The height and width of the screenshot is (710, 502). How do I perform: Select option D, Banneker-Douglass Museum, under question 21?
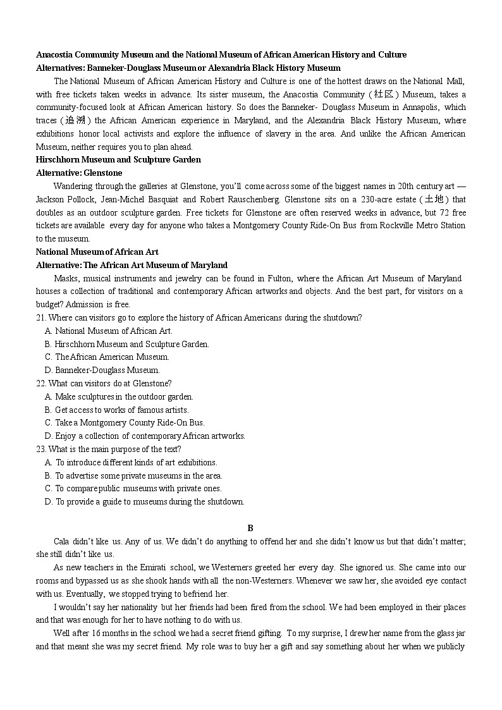(102, 370)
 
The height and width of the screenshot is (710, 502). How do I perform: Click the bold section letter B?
(250, 528)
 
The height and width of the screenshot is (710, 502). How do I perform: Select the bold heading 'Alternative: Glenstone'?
(79, 173)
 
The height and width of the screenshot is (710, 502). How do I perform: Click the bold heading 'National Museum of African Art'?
(97, 252)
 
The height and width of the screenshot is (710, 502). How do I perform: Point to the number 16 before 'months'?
(95, 633)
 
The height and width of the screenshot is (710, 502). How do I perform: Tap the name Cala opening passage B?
(61, 541)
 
